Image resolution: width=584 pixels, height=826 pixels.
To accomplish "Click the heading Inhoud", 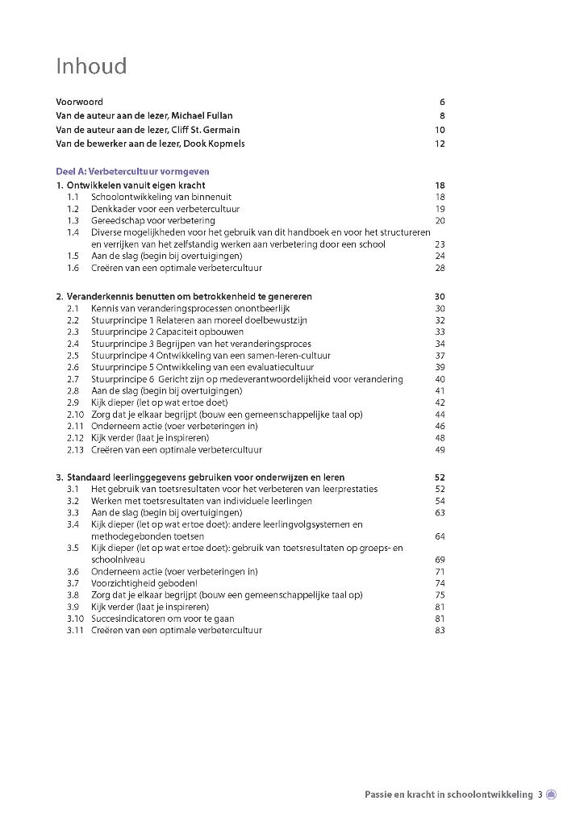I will [91, 66].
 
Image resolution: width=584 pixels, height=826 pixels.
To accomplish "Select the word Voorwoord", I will [79, 102].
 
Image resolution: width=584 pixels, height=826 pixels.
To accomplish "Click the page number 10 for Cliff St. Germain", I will [440, 130].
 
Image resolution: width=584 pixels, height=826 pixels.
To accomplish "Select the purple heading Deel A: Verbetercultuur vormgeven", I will [132, 171].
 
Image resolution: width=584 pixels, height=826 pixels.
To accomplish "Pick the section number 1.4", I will [73, 232].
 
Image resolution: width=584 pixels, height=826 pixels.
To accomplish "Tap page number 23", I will [440, 244].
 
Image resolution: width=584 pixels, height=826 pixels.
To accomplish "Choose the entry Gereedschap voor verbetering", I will [152, 220].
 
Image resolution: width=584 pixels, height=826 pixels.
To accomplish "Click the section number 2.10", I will [75, 415].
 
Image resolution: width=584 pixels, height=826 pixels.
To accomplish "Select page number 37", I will [440, 356].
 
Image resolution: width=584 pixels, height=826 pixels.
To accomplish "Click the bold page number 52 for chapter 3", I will [440, 478].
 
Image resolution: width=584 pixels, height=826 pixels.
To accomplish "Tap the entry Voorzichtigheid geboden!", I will [144, 582].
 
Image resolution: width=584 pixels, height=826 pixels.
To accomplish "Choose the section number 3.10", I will [75, 618].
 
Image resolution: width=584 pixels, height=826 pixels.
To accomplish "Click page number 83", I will [440, 630].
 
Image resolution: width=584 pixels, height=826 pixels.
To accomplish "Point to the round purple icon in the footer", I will [552, 795].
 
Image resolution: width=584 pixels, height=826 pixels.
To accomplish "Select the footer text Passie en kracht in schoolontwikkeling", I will [448, 795].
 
